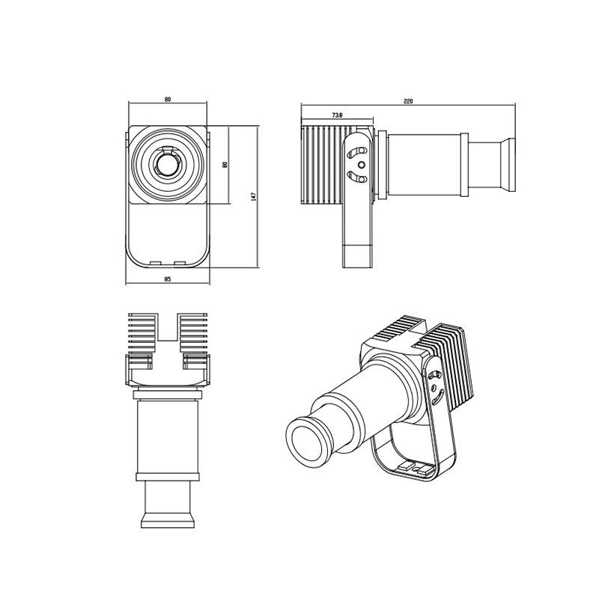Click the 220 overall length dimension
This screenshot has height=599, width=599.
408,101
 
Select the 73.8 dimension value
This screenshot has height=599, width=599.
337,115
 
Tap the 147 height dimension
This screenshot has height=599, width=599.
253,197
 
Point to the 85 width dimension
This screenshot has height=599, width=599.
167,279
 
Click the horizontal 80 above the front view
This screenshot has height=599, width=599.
168,100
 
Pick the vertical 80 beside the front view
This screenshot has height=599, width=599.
225,165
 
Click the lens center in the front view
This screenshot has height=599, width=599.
168,165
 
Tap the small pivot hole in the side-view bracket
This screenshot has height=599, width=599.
362,165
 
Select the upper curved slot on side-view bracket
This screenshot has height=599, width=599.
357,152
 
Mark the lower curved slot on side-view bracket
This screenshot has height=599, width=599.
357,177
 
